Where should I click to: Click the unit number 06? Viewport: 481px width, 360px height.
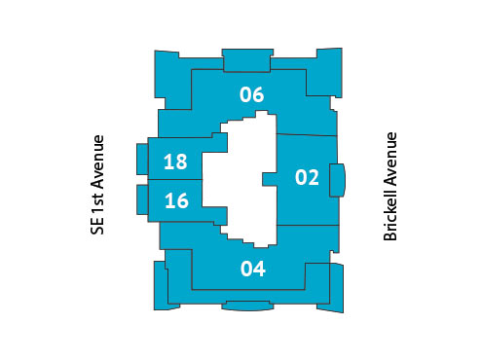(x=252, y=94)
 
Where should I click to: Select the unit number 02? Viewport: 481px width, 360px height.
(x=307, y=177)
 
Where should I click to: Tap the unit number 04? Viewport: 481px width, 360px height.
(x=252, y=269)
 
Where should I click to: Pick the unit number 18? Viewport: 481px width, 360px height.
(x=176, y=162)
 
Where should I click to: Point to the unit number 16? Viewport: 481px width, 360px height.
(x=176, y=201)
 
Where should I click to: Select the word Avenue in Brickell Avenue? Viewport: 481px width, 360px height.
(x=390, y=156)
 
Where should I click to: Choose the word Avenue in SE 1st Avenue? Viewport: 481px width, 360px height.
(x=96, y=162)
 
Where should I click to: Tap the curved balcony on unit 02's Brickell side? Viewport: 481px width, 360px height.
(x=338, y=179)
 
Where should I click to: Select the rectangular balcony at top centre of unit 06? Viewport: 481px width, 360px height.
(x=246, y=57)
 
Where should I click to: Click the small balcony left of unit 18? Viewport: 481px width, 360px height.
(x=142, y=160)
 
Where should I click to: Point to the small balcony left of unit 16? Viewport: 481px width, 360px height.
(x=142, y=200)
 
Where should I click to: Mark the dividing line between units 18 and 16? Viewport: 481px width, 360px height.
(x=175, y=180)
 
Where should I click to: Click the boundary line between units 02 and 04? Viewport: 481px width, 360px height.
(x=307, y=225)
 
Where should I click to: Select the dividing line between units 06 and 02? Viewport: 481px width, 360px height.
(x=307, y=133)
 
